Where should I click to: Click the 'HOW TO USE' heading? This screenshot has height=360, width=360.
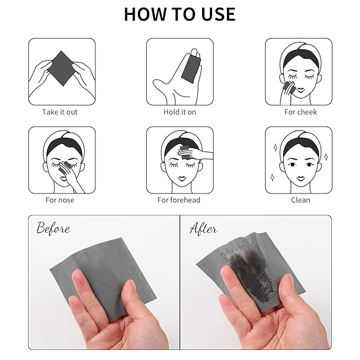click(x=180, y=14)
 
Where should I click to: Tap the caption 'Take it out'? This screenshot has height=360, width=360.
click(x=60, y=112)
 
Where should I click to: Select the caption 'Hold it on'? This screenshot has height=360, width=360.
click(x=180, y=112)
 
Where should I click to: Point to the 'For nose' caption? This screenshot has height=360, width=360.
click(x=60, y=200)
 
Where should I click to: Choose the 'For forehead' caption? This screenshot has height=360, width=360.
click(x=179, y=200)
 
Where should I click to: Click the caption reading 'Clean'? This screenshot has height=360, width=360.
click(x=300, y=200)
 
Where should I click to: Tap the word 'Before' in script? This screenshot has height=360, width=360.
click(x=53, y=229)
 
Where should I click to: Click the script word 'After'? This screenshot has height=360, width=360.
click(x=204, y=229)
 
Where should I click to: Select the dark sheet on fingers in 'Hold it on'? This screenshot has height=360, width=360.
click(x=189, y=67)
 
